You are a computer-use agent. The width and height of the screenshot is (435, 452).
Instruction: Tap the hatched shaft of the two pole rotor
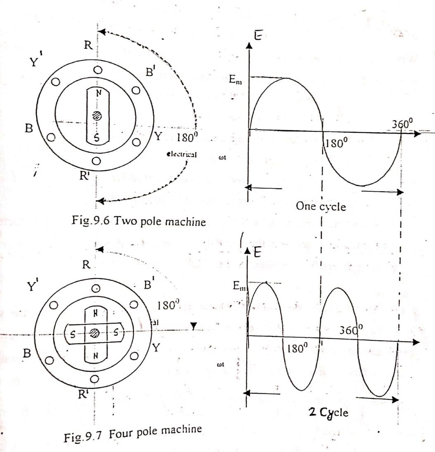pos(98,116)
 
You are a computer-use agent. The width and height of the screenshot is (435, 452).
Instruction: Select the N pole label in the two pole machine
pos(98,93)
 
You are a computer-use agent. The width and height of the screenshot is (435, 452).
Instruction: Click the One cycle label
pos(321,206)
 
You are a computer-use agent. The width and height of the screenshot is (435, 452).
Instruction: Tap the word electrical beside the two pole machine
pos(181,155)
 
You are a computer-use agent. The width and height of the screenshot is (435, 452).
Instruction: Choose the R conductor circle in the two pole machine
pos(98,71)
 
